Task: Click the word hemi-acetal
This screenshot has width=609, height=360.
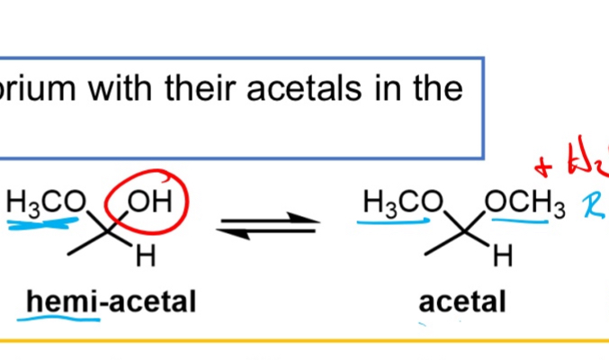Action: [x=111, y=302]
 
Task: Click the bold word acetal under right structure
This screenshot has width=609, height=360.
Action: [x=462, y=302]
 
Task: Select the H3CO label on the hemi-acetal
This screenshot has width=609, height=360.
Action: [x=46, y=202]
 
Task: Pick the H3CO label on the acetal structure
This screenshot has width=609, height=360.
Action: [x=397, y=202]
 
